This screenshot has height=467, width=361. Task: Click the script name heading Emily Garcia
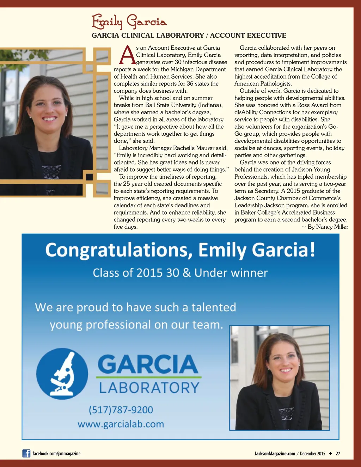(x=129, y=22)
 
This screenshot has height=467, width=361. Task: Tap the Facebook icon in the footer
(x=26, y=453)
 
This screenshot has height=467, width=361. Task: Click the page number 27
(x=338, y=454)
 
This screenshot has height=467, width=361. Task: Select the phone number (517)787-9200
(x=121, y=410)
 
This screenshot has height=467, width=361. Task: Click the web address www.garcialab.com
(x=121, y=424)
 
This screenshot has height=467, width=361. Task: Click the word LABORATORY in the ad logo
(x=149, y=388)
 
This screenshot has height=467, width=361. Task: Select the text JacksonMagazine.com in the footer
(x=275, y=454)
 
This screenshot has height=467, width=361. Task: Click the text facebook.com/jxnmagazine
(x=56, y=454)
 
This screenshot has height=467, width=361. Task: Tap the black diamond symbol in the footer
(x=330, y=453)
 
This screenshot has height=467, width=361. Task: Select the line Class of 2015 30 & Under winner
(x=180, y=273)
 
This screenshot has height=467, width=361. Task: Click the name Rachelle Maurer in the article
(x=197, y=148)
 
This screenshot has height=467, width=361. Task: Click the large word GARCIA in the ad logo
(x=148, y=364)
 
